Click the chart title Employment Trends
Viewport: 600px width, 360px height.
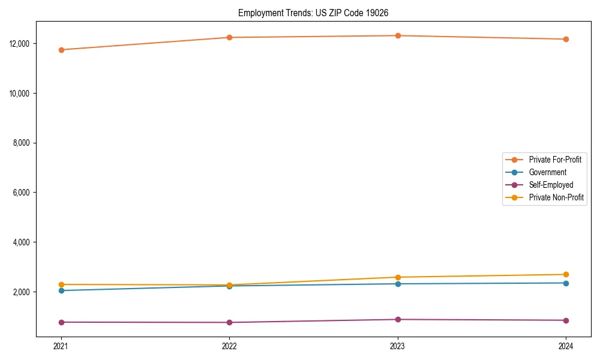pyautogui.click(x=317, y=13)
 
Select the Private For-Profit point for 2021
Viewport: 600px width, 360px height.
pyautogui.click(x=61, y=50)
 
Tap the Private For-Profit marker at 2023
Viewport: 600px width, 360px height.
pyautogui.click(x=398, y=35)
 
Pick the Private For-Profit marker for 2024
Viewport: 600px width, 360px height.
pyautogui.click(x=566, y=39)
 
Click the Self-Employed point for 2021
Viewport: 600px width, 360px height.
pyautogui.click(x=61, y=322)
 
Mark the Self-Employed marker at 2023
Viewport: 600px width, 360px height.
pyautogui.click(x=398, y=319)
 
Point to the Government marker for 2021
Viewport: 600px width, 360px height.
pyautogui.click(x=61, y=290)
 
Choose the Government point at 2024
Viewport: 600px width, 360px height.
pyautogui.click(x=566, y=283)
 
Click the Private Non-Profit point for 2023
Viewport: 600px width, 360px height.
pyautogui.click(x=398, y=277)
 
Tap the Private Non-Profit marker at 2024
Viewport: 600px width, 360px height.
pyautogui.click(x=566, y=274)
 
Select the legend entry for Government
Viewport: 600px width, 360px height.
pyautogui.click(x=547, y=172)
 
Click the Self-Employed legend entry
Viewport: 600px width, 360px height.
pyautogui.click(x=551, y=185)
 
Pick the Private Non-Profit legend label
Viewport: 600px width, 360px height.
pyautogui.click(x=556, y=197)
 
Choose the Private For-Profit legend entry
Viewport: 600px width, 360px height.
pyautogui.click(x=554, y=160)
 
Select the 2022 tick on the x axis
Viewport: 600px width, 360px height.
pyautogui.click(x=229, y=346)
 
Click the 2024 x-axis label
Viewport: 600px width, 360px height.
pyautogui.click(x=566, y=346)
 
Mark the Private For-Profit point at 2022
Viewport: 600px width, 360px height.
pyautogui.click(x=229, y=37)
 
